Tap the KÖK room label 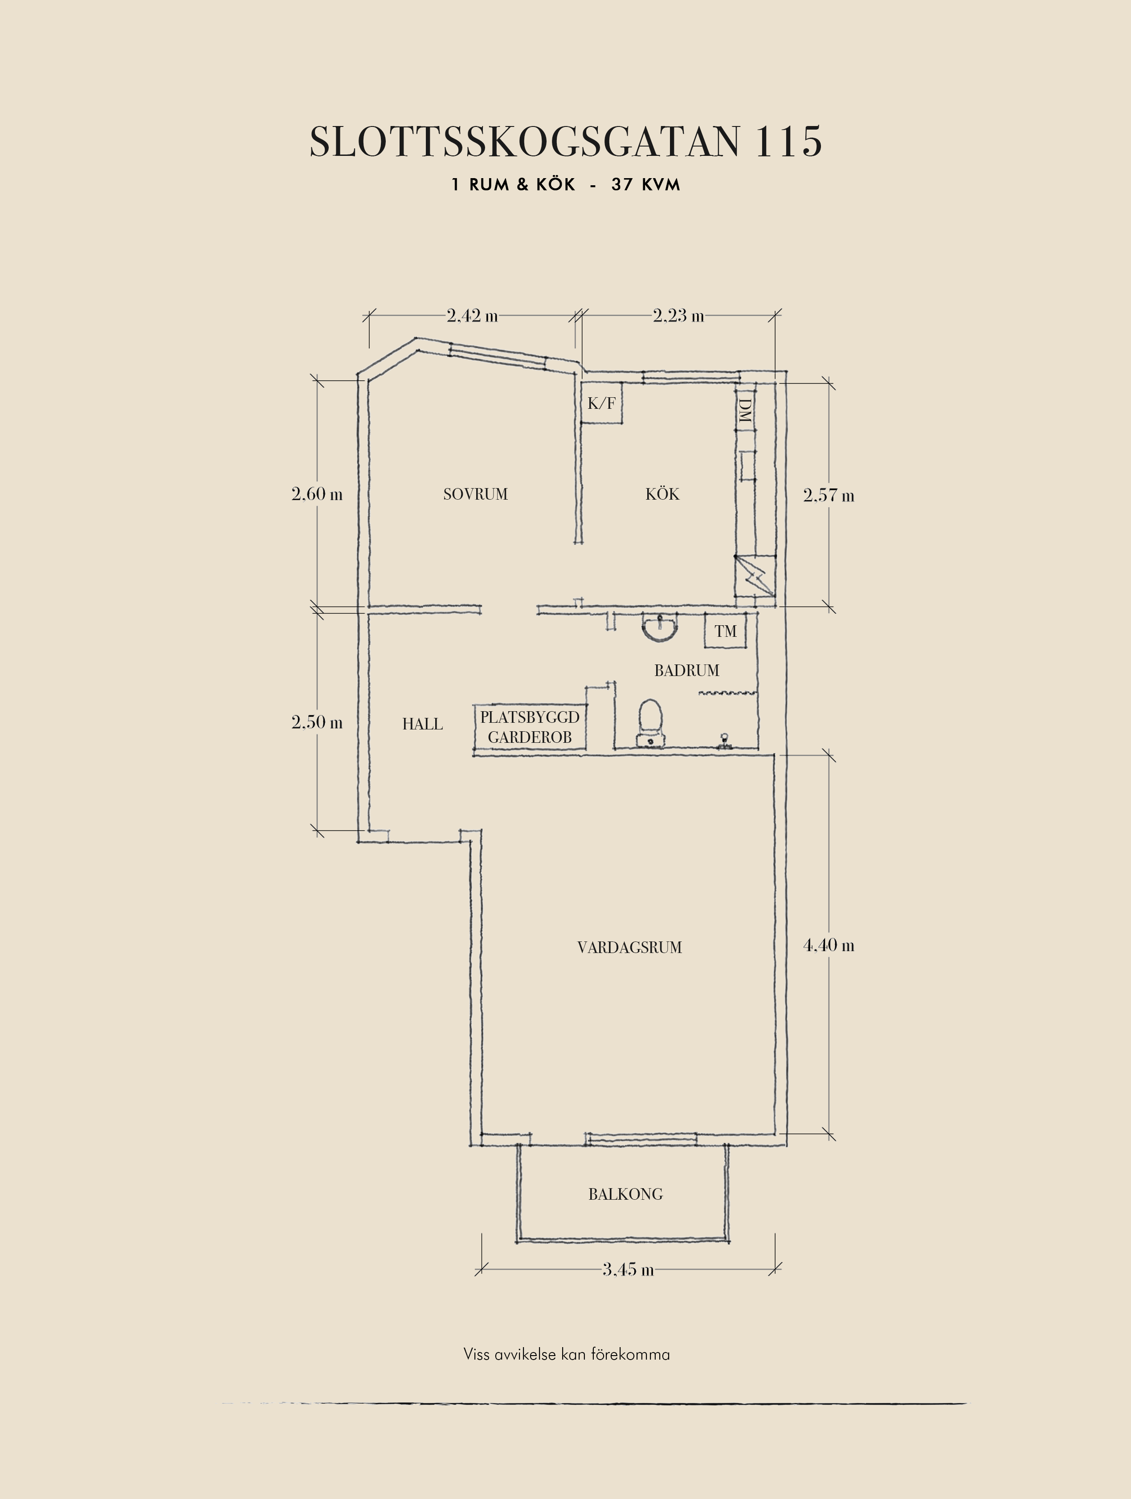[662, 493]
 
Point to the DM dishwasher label [745, 411]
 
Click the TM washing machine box [725, 631]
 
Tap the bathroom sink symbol [659, 627]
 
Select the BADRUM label [686, 670]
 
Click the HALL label [422, 724]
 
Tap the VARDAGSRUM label [629, 947]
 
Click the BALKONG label [625, 1194]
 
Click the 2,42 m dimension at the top [472, 315]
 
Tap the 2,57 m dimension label [829, 495]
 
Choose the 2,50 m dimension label [317, 722]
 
